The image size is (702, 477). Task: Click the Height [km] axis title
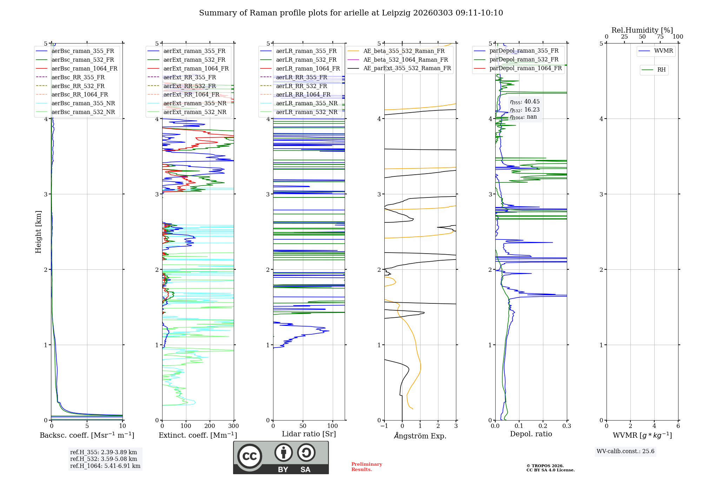(38, 232)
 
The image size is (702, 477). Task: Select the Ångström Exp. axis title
(420, 436)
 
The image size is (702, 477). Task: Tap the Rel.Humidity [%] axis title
(642, 30)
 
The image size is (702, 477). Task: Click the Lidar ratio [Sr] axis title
(309, 434)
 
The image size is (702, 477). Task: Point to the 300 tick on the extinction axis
(234, 426)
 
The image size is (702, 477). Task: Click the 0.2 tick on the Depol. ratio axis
(543, 426)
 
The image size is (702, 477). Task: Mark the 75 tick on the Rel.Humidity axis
(660, 37)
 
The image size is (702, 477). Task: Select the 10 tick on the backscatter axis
(122, 426)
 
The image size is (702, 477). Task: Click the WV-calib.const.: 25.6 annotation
(625, 451)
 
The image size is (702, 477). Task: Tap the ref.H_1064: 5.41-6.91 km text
(105, 466)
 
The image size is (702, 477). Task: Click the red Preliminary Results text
(366, 467)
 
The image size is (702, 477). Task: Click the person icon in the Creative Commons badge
(284, 453)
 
